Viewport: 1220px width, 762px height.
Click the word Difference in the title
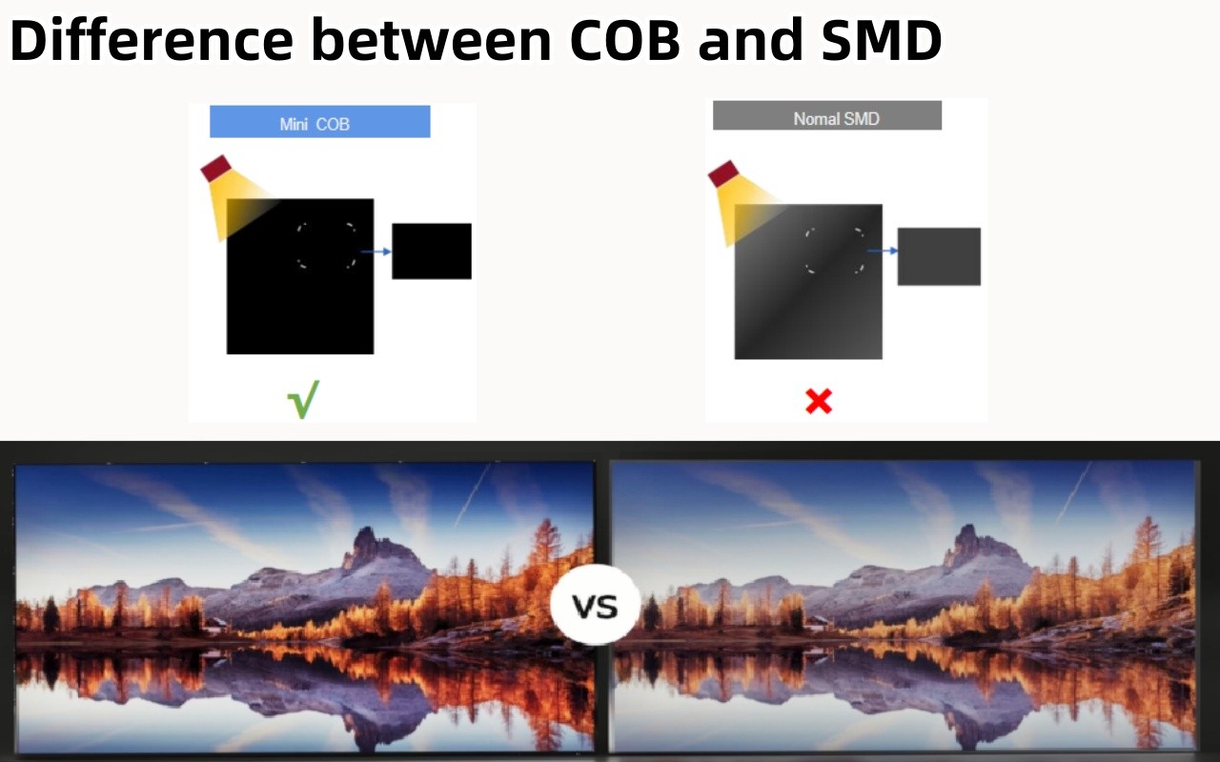(152, 39)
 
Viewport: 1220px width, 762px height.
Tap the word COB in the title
(625, 39)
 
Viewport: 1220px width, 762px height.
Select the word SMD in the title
(882, 39)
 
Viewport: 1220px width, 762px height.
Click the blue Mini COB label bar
(319, 121)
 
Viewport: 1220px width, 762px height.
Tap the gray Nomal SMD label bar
(826, 115)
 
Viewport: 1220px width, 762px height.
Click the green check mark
(303, 399)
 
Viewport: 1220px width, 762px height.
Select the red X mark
(819, 401)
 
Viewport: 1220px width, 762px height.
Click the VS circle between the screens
(595, 605)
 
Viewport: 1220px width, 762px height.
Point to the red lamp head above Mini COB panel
(216, 169)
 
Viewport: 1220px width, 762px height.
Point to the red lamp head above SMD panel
(723, 173)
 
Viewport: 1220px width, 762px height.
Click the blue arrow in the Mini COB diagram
(376, 251)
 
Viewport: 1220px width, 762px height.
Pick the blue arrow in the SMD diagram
(883, 251)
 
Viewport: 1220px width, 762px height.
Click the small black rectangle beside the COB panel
(432, 251)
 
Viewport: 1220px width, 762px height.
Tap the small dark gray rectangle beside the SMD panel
(939, 256)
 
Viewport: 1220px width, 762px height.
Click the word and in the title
(750, 39)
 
